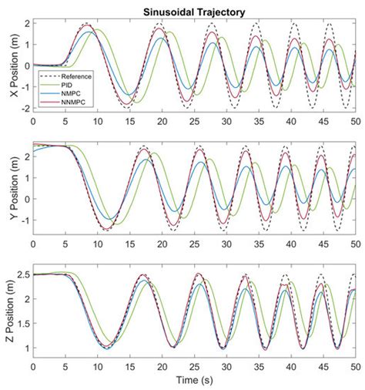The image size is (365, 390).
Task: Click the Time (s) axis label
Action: coord(194,381)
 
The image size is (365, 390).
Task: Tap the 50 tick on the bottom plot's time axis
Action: coord(355,368)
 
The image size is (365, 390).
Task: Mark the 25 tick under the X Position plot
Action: coord(194,121)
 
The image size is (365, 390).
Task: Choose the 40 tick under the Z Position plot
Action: coord(291,368)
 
